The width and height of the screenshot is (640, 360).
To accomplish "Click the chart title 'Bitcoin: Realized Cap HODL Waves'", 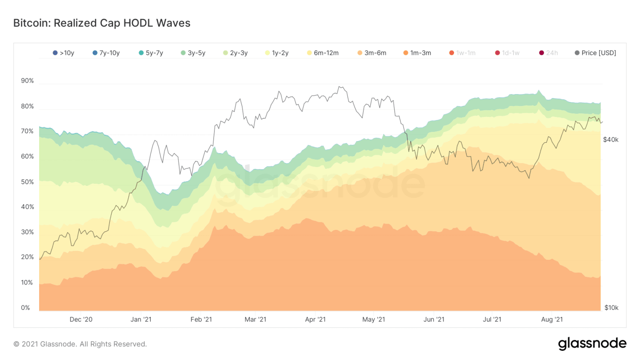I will [102, 23].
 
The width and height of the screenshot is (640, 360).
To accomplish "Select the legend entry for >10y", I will [64, 53].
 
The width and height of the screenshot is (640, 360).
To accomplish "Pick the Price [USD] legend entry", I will [596, 53].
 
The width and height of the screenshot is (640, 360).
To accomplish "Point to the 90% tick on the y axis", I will [27, 81].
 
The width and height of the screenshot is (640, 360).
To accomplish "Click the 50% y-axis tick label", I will [27, 182].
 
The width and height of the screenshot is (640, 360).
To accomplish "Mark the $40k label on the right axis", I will [611, 140].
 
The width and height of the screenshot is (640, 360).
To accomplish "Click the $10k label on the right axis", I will [611, 308].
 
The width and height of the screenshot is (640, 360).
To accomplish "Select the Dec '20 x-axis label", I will [81, 319].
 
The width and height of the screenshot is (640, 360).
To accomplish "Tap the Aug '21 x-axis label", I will [552, 319].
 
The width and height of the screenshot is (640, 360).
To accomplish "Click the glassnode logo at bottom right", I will [592, 344].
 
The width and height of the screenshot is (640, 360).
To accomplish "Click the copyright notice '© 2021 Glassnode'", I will [80, 344].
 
